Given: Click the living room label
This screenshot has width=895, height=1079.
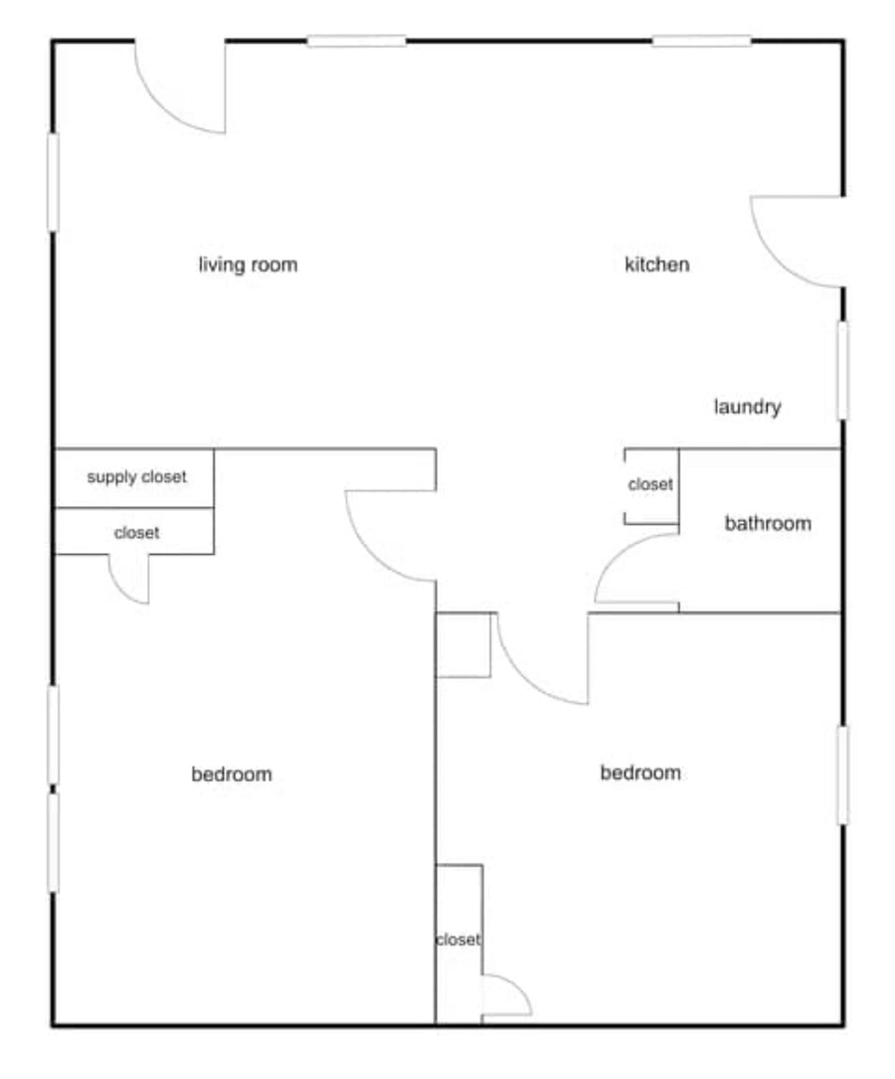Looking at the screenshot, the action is pyautogui.click(x=248, y=265).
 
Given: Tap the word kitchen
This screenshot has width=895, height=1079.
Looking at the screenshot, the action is pyautogui.click(x=657, y=265).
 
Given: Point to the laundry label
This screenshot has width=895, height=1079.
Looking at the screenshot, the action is pyautogui.click(x=747, y=407).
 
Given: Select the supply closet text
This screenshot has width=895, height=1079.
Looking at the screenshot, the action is pyautogui.click(x=136, y=477).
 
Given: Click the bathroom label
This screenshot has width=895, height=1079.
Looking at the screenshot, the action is pyautogui.click(x=768, y=523).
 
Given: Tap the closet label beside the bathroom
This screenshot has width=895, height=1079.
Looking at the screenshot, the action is pyautogui.click(x=650, y=484).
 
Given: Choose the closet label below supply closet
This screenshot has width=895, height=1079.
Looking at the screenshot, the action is pyautogui.click(x=136, y=533).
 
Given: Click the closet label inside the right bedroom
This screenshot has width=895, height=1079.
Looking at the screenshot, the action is pyautogui.click(x=458, y=940).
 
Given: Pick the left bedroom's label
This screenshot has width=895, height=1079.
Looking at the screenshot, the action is pyautogui.click(x=231, y=774).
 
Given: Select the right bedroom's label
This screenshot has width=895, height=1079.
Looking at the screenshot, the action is pyautogui.click(x=640, y=773).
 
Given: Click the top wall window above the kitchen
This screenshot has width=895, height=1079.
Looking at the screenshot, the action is pyautogui.click(x=702, y=42).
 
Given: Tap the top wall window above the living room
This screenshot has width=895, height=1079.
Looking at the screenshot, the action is pyautogui.click(x=356, y=42).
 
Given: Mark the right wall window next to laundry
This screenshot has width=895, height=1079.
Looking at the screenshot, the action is pyautogui.click(x=842, y=370).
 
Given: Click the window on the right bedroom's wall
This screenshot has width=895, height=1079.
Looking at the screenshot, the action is pyautogui.click(x=842, y=775).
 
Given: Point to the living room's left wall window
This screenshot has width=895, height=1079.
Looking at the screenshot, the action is pyautogui.click(x=53, y=182).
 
